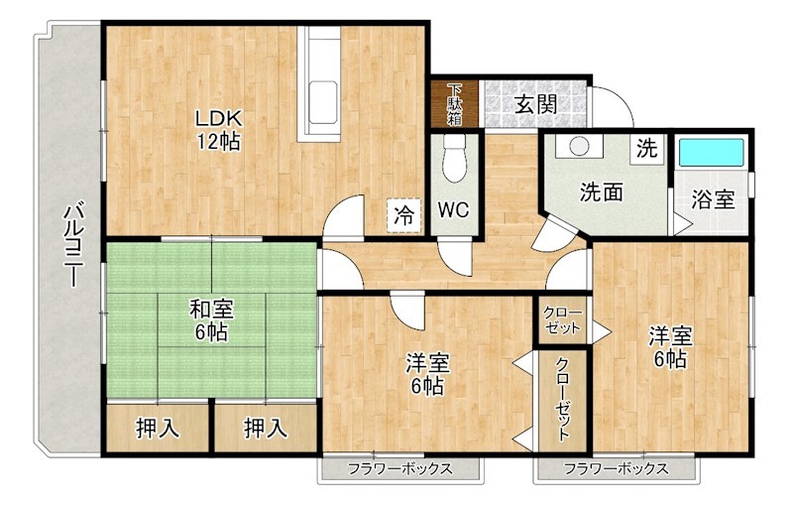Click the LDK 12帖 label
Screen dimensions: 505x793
[217, 130]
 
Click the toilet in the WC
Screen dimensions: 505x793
[455, 159]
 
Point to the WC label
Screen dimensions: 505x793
[454, 210]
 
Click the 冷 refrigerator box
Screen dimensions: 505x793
[403, 213]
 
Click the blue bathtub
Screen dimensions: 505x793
[710, 153]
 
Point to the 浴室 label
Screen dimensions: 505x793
[713, 198]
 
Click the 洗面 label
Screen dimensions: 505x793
[601, 191]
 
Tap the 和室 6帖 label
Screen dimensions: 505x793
[210, 320]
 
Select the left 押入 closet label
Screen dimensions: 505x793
[158, 429]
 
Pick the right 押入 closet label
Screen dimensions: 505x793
[265, 429]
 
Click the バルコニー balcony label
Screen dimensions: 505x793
[71, 244]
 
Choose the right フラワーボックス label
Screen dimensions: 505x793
[616, 468]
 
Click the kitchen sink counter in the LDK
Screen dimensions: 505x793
[324, 84]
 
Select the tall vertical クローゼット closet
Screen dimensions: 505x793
[562, 397]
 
